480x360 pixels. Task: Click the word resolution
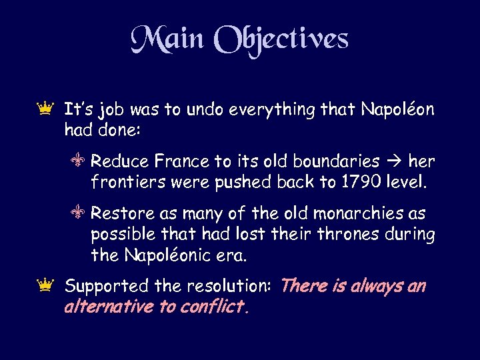tap(225, 287)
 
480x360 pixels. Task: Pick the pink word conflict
tap(216, 307)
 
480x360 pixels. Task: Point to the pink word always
tap(370, 287)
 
